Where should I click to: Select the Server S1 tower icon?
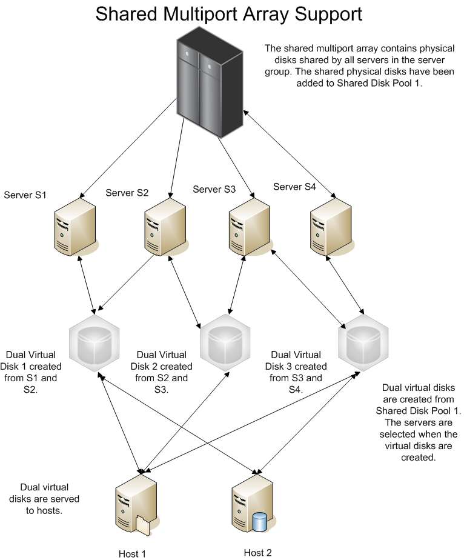(x=75, y=230)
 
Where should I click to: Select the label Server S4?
(x=294, y=187)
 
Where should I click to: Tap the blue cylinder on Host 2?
(x=260, y=522)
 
